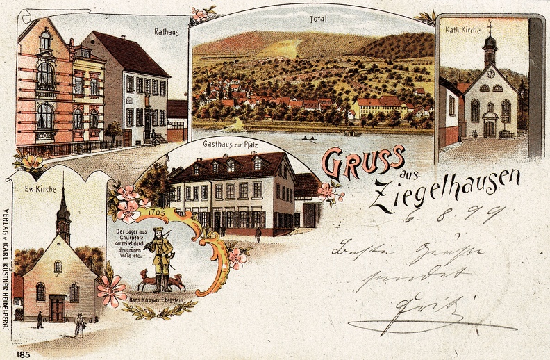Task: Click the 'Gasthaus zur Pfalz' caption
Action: pyautogui.click(x=230, y=145)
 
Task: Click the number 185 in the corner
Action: pyautogui.click(x=23, y=353)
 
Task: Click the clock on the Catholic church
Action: pyautogui.click(x=490, y=73)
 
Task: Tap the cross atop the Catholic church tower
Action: pyautogui.click(x=490, y=26)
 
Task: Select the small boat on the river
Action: pyautogui.click(x=308, y=138)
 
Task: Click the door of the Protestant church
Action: pyautogui.click(x=57, y=308)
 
